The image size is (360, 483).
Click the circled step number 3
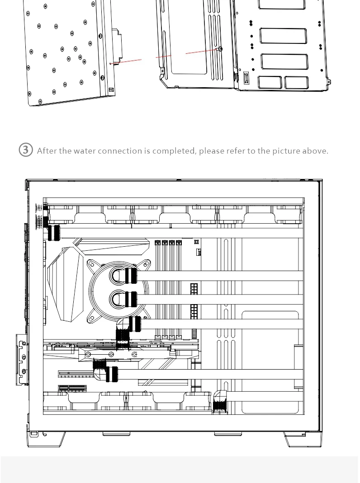tap(26, 150)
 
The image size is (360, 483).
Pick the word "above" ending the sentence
tap(315, 151)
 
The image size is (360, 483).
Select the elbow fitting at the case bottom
tap(220, 400)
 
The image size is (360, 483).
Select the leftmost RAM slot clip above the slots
tap(157, 243)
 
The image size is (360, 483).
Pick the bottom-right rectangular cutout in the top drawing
tap(296, 82)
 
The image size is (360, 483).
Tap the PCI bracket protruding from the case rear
tap(21, 359)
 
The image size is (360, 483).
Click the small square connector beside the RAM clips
tap(197, 242)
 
